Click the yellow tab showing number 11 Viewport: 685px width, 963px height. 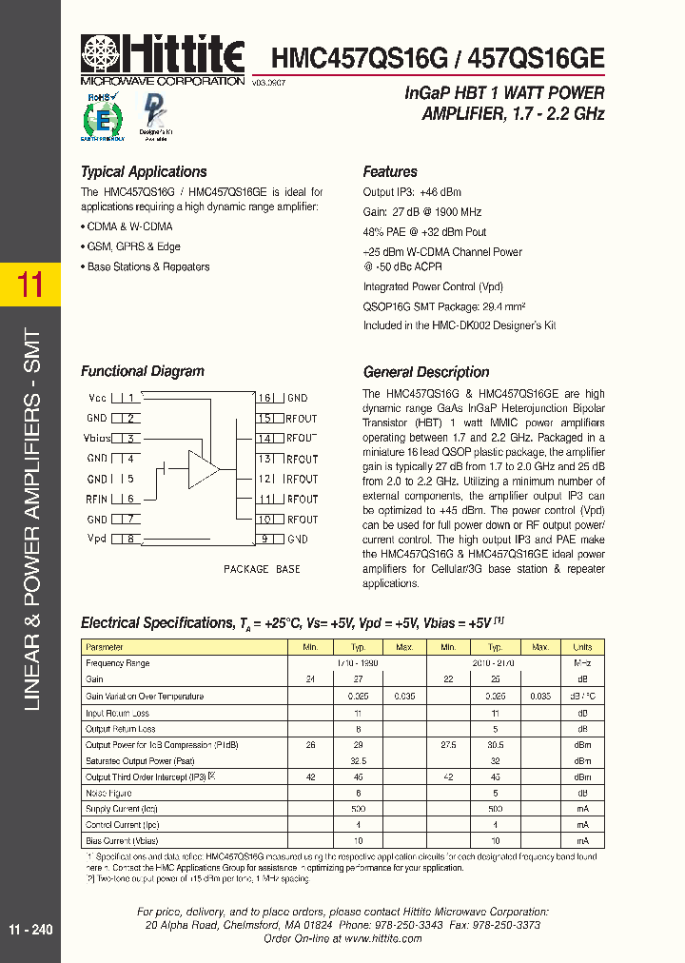point(30,285)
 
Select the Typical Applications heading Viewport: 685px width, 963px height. point(144,172)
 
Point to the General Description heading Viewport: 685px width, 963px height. point(426,372)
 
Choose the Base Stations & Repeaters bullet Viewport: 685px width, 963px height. point(146,267)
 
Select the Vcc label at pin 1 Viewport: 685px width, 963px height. point(97,398)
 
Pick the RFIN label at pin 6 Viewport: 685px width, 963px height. point(96,499)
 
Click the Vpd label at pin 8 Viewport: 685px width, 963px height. point(97,540)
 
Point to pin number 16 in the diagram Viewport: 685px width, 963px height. point(265,398)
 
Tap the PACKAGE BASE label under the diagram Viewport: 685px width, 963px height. point(262,569)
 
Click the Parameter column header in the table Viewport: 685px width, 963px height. point(105,647)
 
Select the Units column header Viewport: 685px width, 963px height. point(582,647)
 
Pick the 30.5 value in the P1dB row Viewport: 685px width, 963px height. point(494,744)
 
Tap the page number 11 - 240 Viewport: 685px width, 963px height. point(30,930)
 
